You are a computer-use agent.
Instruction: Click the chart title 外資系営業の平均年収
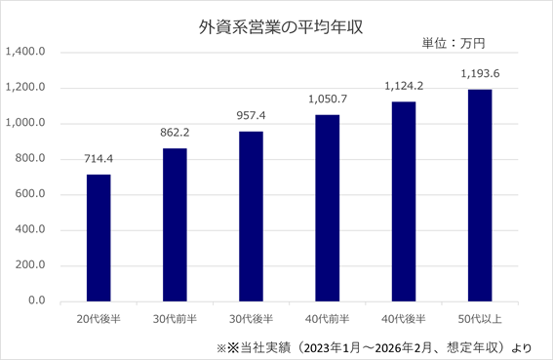tap(281, 27)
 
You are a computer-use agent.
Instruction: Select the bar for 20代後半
tap(99, 238)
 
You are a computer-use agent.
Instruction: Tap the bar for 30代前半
tap(175, 224)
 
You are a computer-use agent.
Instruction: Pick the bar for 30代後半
tap(251, 217)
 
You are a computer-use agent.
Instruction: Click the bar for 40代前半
tap(328, 208)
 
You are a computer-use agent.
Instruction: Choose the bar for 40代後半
tap(404, 202)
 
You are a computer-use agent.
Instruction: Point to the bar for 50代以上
tap(480, 195)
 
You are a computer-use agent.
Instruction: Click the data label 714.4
tap(99, 159)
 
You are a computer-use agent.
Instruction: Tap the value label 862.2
tap(175, 133)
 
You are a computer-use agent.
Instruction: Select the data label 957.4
tap(251, 116)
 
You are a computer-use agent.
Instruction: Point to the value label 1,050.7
tap(328, 100)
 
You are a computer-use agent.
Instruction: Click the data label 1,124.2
tap(404, 86)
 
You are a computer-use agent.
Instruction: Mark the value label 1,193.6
tap(480, 74)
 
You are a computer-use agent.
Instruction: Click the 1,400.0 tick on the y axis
tap(25, 52)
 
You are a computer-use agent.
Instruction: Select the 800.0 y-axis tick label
tap(30, 158)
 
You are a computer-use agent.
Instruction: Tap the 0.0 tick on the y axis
tap(37, 300)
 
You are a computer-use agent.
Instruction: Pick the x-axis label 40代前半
tap(328, 319)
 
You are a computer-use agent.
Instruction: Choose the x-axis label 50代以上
tap(480, 319)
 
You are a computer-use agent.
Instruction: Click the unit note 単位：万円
tap(454, 43)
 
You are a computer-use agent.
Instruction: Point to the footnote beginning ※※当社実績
tap(374, 348)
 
